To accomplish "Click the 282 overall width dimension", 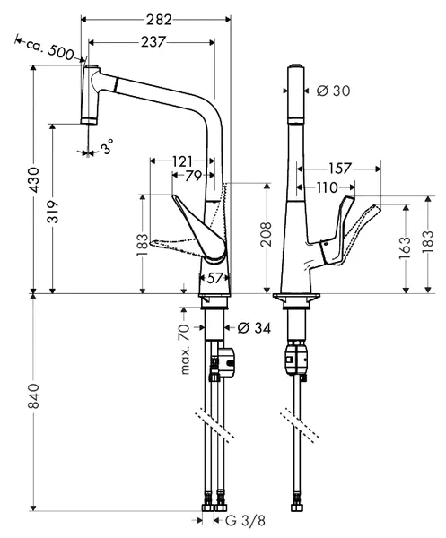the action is [159, 20].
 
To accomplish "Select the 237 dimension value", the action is [153, 42].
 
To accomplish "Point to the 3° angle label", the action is [107, 146].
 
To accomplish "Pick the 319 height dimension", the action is [53, 212].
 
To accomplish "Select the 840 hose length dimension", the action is [33, 396].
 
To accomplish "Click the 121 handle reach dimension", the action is [182, 161].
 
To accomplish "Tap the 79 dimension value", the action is [194, 176].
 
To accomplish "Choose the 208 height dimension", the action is [267, 234].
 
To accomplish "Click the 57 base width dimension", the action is [214, 278].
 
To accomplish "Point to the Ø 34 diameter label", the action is [254, 328].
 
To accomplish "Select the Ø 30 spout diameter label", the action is [334, 91].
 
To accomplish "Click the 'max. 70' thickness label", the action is [185, 349].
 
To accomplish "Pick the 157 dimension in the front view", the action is [340, 169].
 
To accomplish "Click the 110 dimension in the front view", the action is [328, 187].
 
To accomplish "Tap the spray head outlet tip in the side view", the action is [89, 120].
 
